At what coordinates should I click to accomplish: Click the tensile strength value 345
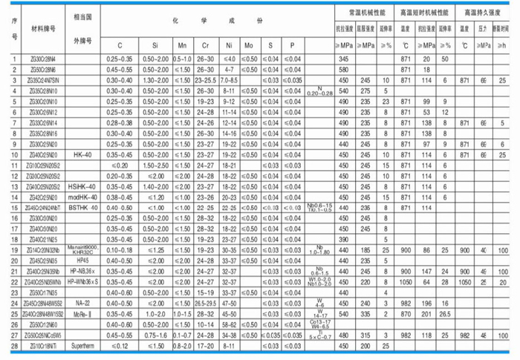(x=343, y=58)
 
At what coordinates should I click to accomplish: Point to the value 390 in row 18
(x=343, y=240)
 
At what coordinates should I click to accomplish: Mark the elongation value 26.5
(x=445, y=313)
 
